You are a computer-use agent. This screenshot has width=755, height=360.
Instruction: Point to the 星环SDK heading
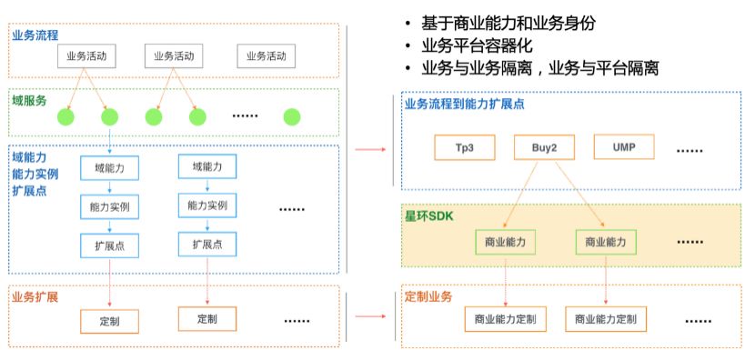pos(428,215)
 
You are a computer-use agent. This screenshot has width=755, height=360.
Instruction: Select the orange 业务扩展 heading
pos(35,296)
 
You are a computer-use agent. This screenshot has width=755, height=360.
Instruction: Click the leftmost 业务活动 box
pos(87,56)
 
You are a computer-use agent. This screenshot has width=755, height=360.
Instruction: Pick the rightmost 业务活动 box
pos(267,56)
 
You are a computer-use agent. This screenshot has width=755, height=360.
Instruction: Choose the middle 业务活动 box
pos(174,56)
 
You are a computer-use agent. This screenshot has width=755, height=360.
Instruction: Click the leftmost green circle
pos(65,117)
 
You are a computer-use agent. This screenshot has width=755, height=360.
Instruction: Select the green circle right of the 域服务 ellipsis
pos(291,117)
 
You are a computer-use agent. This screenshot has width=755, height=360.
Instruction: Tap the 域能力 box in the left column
pos(108,167)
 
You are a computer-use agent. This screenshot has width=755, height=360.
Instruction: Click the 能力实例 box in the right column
pos(207,205)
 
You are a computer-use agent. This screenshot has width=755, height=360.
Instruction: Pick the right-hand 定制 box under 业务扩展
pos(206,319)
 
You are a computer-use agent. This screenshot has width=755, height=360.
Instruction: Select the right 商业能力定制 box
pos(606,319)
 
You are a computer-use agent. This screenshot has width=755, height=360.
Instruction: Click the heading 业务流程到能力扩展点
pos(464,104)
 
